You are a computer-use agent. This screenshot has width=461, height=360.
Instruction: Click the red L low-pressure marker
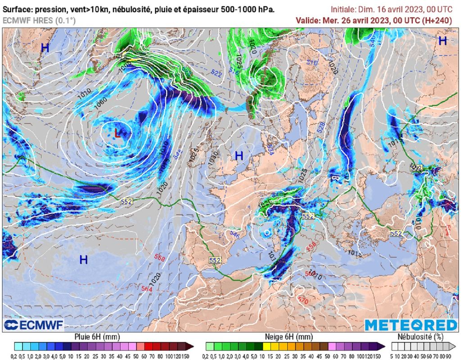coord(118,133)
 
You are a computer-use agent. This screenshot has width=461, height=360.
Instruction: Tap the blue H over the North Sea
coord(239,156)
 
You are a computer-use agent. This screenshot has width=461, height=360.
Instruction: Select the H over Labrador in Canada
coord(45,48)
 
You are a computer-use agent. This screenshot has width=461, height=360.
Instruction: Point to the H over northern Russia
coord(443,41)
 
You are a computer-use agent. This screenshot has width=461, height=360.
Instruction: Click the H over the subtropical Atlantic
coord(83,259)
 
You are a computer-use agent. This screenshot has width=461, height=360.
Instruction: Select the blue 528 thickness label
coord(321,128)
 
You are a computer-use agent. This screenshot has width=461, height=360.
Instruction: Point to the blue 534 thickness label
coord(271,148)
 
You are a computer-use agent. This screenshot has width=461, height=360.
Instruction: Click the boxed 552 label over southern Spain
coord(215,260)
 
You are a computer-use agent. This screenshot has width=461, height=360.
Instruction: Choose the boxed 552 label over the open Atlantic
coord(126,201)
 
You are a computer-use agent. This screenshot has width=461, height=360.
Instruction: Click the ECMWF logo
coord(34,325)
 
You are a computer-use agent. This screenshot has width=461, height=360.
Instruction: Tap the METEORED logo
coord(411,325)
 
